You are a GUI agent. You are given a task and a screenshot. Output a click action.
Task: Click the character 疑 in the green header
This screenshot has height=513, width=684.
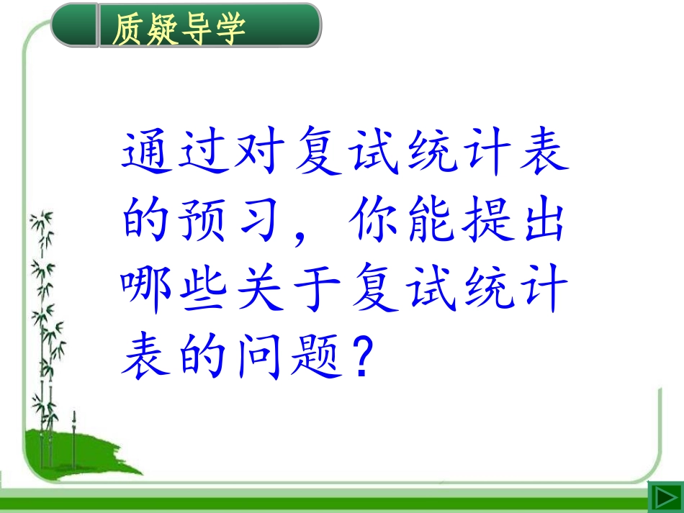tap(161, 28)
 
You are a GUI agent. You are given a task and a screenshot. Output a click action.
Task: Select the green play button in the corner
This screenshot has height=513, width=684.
tap(664, 497)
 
